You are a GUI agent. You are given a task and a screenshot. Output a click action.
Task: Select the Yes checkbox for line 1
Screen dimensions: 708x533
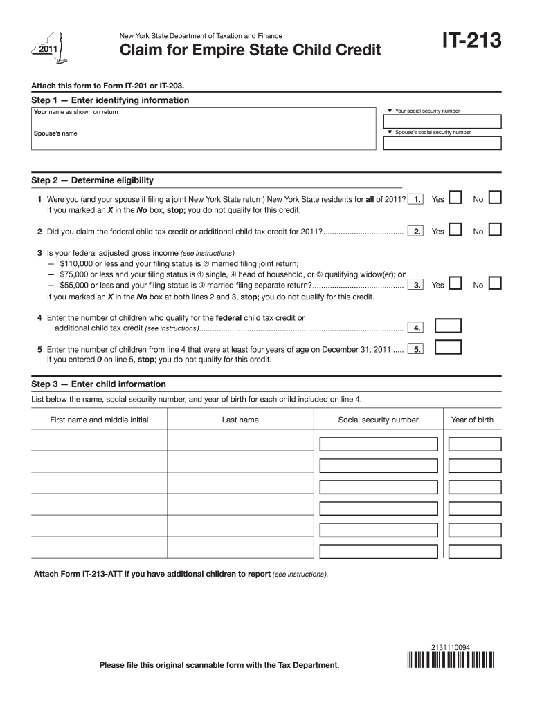[455, 198]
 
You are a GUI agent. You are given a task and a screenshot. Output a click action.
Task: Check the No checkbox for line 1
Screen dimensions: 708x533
[495, 198]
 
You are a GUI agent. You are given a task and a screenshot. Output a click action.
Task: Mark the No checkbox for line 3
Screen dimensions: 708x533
[495, 283]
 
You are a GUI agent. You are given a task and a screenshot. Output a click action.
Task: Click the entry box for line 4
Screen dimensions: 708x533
[447, 326]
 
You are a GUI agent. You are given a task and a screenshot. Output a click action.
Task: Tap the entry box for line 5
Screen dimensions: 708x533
[447, 347]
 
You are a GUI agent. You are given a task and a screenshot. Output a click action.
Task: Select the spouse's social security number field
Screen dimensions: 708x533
[442, 143]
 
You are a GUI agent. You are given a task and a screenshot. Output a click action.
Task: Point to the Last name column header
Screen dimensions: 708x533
[240, 420]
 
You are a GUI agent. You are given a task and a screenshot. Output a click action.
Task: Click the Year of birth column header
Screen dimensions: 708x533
[472, 420]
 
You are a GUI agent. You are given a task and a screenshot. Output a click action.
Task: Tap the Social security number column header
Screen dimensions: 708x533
[378, 420]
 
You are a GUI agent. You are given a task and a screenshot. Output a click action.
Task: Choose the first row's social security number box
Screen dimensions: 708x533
[379, 444]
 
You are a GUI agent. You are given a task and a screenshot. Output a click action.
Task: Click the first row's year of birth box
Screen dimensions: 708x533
[471, 444]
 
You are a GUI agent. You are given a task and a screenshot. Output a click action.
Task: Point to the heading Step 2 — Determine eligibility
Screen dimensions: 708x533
[93, 180]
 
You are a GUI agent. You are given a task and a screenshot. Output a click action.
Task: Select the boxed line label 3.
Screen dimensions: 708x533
[417, 285]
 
